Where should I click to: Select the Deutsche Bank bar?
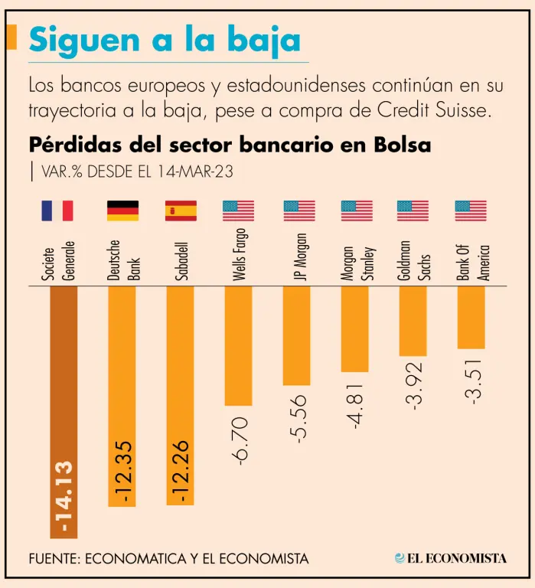(122, 394)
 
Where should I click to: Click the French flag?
(57, 211)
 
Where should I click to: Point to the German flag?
(122, 211)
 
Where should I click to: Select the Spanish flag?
(181, 211)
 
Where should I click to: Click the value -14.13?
(64, 498)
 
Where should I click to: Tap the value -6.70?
(239, 441)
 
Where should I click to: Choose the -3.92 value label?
(413, 387)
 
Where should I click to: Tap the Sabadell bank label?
(181, 261)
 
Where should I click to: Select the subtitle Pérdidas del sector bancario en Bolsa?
(230, 145)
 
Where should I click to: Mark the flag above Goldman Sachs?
(413, 211)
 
